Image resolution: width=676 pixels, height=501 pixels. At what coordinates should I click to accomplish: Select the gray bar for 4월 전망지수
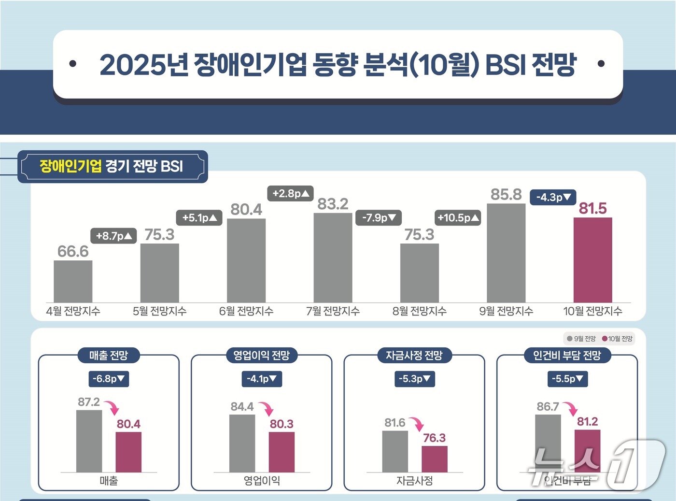(73, 281)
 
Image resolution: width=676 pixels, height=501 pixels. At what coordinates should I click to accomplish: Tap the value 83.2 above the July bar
(333, 204)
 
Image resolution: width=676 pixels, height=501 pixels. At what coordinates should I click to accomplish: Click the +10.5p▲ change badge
(458, 218)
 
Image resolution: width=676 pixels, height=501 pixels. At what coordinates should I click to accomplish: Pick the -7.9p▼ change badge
(379, 218)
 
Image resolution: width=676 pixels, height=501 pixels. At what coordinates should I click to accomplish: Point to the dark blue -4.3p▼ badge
(553, 197)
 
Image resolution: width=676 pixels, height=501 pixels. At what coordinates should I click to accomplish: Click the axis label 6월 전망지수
(246, 311)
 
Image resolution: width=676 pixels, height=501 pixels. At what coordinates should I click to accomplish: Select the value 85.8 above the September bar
(506, 194)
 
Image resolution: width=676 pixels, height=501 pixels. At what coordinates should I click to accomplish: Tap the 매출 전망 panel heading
(109, 356)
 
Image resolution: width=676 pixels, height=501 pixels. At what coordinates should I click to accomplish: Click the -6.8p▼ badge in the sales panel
(109, 379)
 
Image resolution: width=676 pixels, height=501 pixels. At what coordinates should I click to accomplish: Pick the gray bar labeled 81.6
(395, 451)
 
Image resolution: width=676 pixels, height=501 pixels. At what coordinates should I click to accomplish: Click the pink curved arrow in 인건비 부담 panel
(570, 409)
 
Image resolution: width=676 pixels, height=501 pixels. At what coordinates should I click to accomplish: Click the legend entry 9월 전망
(581, 339)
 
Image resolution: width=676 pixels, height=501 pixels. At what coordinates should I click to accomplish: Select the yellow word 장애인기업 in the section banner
(70, 166)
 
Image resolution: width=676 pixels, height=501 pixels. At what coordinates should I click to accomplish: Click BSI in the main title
(505, 65)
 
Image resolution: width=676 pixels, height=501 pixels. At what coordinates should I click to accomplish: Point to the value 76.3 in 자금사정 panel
(434, 438)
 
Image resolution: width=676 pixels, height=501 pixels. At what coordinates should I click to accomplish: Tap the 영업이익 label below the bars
(262, 481)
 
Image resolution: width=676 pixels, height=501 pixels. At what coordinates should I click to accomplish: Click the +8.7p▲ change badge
(113, 236)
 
